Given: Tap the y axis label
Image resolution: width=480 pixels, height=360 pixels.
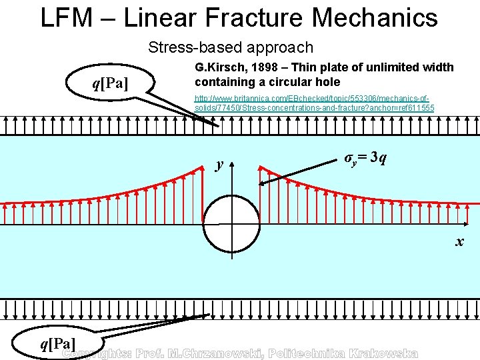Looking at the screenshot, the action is [x=218, y=164].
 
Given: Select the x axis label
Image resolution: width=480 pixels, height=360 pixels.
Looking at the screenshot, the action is [x=459, y=241].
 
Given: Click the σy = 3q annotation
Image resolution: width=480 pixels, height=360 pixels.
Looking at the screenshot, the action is [x=363, y=158].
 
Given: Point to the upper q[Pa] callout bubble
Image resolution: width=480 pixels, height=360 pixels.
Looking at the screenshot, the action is [x=111, y=83].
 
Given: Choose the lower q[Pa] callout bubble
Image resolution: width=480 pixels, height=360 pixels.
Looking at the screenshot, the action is [x=57, y=343].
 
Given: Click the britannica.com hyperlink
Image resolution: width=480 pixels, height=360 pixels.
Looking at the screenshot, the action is [x=314, y=103].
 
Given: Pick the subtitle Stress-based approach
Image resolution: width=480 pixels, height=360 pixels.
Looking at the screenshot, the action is [x=231, y=47].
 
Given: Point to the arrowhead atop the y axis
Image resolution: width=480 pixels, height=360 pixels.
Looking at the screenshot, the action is [x=232, y=164].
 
